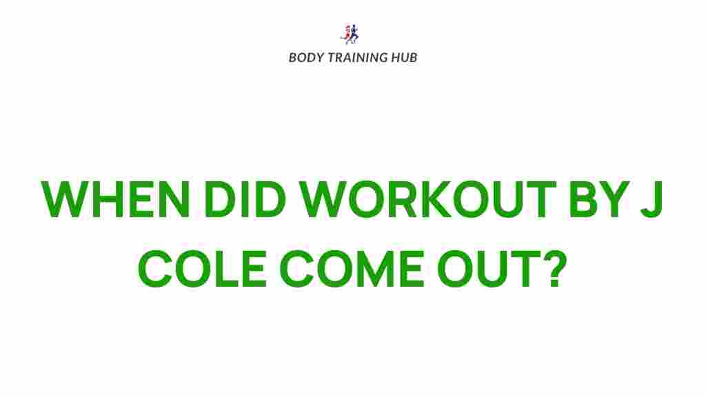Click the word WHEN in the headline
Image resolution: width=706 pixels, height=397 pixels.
tap(114, 201)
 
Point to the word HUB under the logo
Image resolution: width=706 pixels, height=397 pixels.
tap(404, 57)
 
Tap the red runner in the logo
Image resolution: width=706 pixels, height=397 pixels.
tap(347, 33)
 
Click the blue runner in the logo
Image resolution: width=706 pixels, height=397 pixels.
tap(354, 34)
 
